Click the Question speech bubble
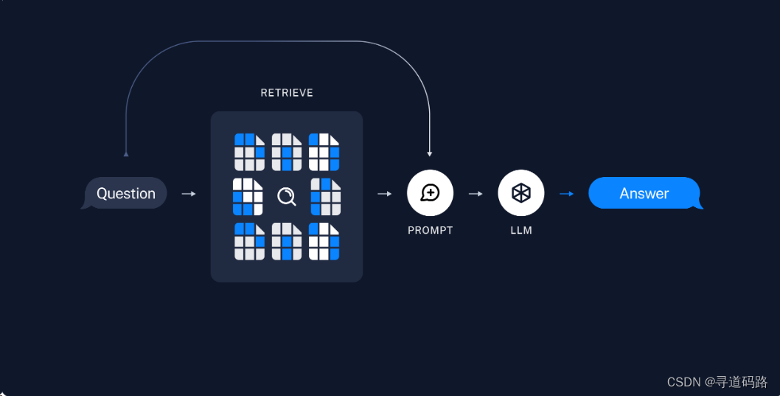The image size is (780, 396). tap(126, 193)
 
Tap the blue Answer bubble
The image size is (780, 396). tap(644, 193)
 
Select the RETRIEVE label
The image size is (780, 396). tap(287, 93)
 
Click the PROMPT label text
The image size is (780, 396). tap(431, 230)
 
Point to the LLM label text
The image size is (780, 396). tap(521, 230)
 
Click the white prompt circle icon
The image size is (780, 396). tap(430, 193)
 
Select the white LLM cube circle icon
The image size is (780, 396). tap(521, 193)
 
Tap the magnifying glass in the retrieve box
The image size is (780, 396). tap(286, 196)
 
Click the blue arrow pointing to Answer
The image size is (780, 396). tap(566, 193)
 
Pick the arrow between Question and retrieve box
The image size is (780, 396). tap(189, 193)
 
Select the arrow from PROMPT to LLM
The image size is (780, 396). tap(476, 193)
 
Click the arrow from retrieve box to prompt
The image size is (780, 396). tap(384, 193)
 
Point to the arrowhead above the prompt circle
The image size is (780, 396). tap(430, 153)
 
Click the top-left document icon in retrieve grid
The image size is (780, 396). tap(249, 152)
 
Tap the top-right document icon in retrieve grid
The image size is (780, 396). tap(324, 152)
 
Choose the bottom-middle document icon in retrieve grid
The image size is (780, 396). tap(287, 241)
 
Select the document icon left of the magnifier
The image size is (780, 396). tap(248, 197)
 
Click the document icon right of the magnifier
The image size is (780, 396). tap(325, 197)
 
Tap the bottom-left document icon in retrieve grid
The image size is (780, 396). tap(249, 241)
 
